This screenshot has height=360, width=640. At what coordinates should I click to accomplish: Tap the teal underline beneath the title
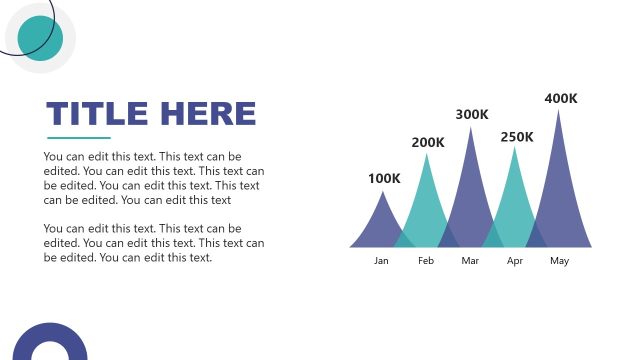(79, 137)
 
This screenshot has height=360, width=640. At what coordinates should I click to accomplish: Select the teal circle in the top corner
(40, 38)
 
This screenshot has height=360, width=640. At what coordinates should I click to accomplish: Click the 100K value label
(384, 179)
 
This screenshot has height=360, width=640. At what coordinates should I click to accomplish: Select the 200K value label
(428, 142)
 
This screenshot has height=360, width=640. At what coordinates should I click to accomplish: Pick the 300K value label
(472, 115)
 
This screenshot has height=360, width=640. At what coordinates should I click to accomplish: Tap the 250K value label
(517, 137)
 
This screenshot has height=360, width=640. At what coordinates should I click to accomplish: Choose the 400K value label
(561, 98)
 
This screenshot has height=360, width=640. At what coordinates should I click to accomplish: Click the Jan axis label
(381, 261)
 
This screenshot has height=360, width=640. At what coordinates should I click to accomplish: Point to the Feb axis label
(426, 261)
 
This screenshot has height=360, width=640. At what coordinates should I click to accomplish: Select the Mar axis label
(470, 261)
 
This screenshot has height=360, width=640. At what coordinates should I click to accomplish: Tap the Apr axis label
(515, 261)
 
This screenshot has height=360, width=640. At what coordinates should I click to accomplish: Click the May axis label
(559, 261)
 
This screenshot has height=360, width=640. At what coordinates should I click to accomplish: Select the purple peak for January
(381, 225)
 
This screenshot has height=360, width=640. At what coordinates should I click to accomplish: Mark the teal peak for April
(515, 200)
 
